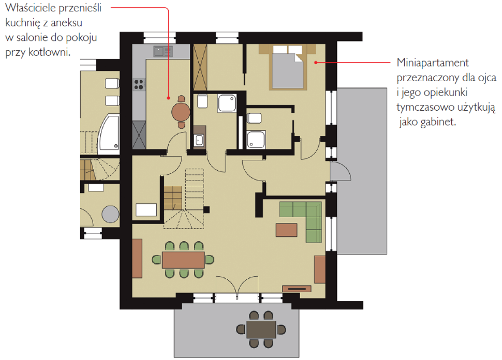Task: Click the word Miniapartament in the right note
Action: pyautogui.click(x=433, y=63)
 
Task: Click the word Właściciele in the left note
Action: pyautogui.click(x=30, y=8)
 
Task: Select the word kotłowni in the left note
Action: pyautogui.click(x=49, y=52)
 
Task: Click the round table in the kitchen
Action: pyautogui.click(x=181, y=112)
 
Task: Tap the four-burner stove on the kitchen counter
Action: pyautogui.click(x=139, y=84)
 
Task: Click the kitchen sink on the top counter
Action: pyautogui.click(x=163, y=51)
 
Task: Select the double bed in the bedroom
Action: pyautogui.click(x=288, y=67)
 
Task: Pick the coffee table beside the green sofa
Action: pyautogui.click(x=287, y=230)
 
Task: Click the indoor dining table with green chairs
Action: pyautogui.click(x=183, y=260)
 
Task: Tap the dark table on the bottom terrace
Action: pyautogui.click(x=261, y=329)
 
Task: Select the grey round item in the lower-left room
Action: pyautogui.click(x=110, y=214)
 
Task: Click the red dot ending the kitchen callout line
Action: pyautogui.click(x=169, y=98)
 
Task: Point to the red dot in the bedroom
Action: pyautogui.click(x=316, y=63)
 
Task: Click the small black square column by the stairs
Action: pyautogui.click(x=206, y=210)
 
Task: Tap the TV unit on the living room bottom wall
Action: pyautogui.click(x=297, y=289)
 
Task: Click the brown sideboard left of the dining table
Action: pyautogui.click(x=137, y=259)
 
